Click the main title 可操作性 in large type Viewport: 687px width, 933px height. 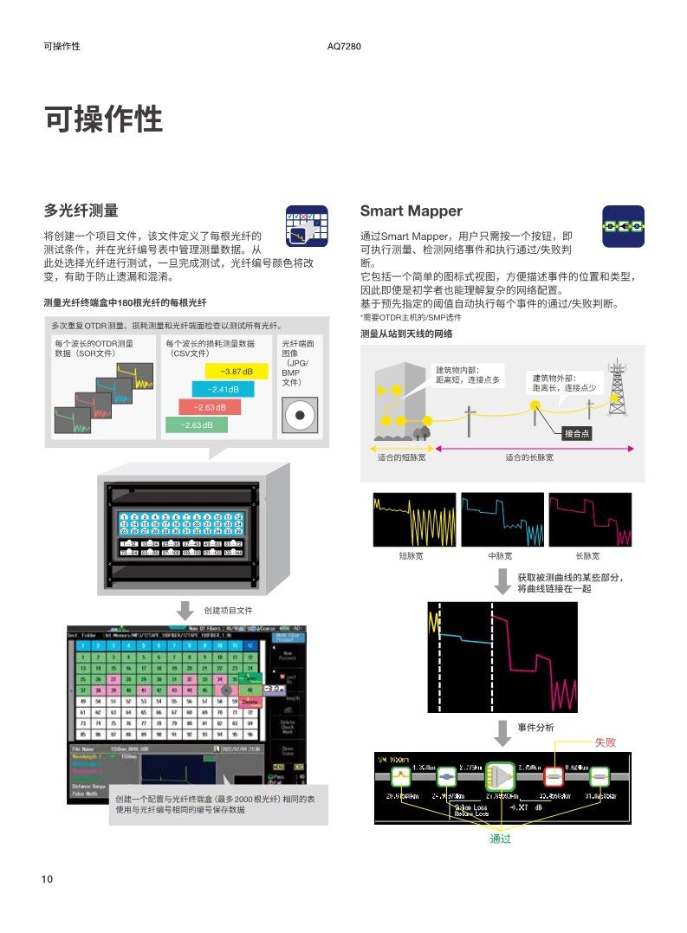(103, 120)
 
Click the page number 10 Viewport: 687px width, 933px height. (47, 879)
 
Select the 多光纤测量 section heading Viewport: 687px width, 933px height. (81, 211)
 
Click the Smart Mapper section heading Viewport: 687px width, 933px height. (411, 211)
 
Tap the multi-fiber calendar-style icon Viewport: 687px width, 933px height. (307, 227)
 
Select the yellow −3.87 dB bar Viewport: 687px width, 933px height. (237, 372)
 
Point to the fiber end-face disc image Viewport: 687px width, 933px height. (300, 415)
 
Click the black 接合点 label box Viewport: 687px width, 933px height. (575, 433)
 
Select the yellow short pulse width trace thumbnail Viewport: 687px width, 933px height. (411, 520)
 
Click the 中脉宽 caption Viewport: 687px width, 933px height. (501, 556)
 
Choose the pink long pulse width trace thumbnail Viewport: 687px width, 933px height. (590, 520)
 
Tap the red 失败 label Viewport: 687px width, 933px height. (605, 742)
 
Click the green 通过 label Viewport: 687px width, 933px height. (501, 839)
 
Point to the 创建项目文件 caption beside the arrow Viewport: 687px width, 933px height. (228, 610)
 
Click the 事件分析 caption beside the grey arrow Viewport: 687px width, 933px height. (535, 728)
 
